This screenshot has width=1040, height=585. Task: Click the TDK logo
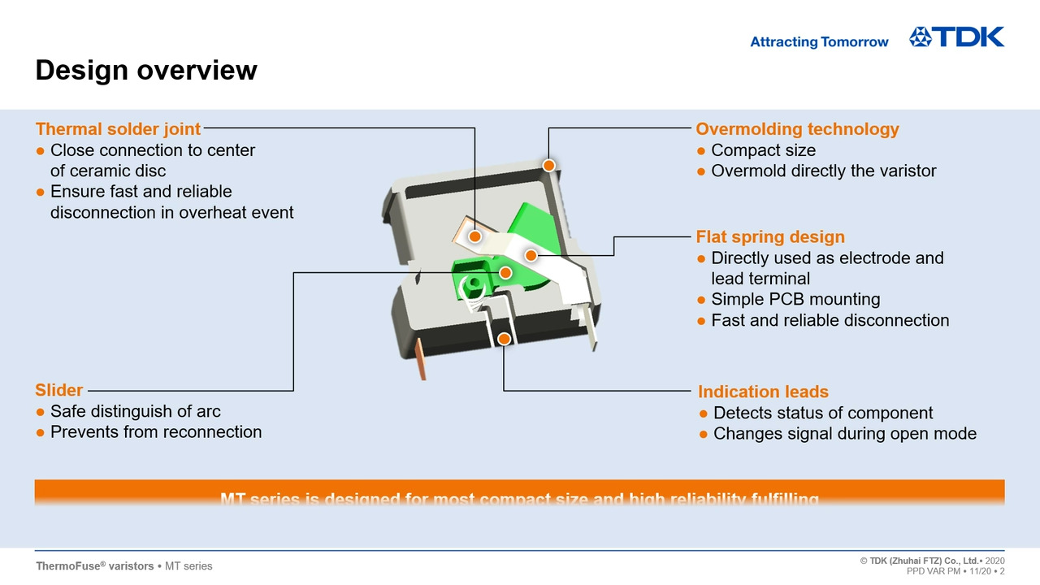(956, 37)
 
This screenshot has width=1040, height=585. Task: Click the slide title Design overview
(146, 70)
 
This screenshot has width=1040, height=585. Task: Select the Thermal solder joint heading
(118, 129)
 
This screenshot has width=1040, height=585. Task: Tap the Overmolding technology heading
(797, 129)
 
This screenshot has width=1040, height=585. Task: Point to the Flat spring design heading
(770, 237)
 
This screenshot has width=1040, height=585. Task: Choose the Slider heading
(58, 391)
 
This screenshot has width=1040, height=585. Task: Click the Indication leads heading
(763, 392)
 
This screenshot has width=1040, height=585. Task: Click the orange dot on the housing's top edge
(548, 166)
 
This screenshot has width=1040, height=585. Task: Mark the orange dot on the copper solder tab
(474, 236)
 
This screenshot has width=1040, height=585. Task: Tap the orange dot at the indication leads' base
(504, 338)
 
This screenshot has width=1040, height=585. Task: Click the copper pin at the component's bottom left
(421, 358)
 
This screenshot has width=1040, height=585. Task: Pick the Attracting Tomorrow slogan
(819, 42)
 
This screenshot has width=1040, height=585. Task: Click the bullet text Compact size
(763, 150)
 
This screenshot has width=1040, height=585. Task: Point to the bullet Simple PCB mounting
(795, 299)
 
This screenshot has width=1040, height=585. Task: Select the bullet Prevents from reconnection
(155, 432)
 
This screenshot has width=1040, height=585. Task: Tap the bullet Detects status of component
(822, 413)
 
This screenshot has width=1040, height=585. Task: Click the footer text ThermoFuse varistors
(95, 565)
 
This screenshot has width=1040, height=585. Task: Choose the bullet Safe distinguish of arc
(135, 411)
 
